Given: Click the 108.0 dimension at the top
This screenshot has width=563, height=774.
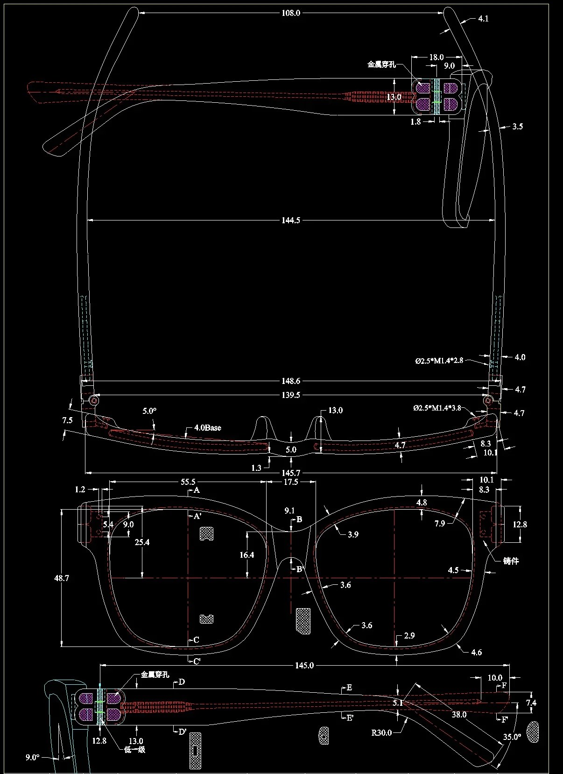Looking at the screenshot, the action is pyautogui.click(x=291, y=13).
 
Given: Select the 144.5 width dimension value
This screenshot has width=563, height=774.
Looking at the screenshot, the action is pyautogui.click(x=291, y=220).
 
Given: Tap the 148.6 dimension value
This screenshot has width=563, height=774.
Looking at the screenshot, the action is pyautogui.click(x=291, y=381).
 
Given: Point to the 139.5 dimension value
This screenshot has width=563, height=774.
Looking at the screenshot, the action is pyautogui.click(x=291, y=395).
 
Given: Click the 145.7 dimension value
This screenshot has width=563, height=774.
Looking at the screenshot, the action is pyautogui.click(x=291, y=473).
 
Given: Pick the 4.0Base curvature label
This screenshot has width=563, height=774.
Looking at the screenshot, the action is pyautogui.click(x=207, y=428).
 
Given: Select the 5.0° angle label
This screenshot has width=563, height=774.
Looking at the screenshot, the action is pyautogui.click(x=149, y=411).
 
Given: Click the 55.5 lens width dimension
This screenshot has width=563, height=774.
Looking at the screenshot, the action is pyautogui.click(x=188, y=482).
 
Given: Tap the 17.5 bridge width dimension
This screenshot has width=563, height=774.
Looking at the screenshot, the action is pyautogui.click(x=291, y=482).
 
